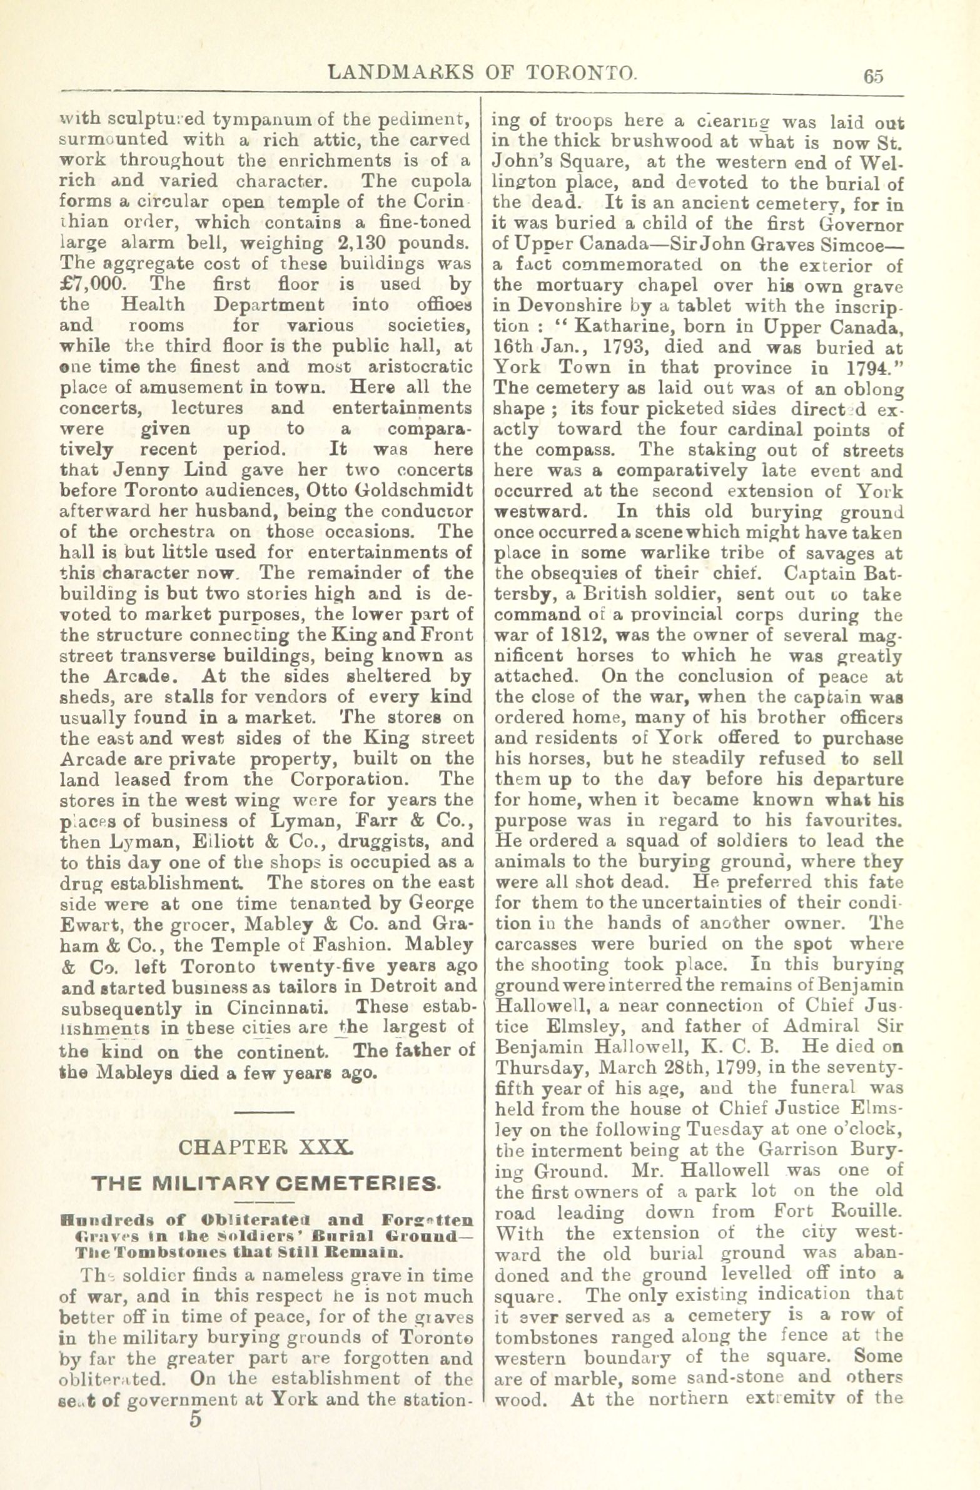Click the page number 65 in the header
click(874, 76)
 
